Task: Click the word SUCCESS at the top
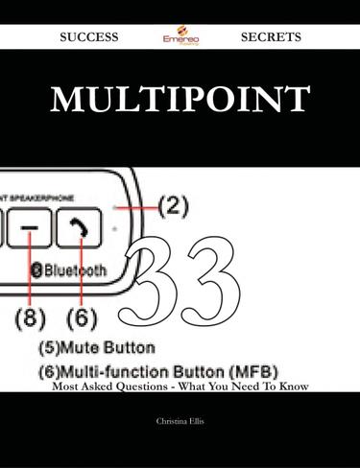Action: point(88,36)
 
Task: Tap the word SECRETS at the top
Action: point(271,36)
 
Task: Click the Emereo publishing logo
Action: point(179,36)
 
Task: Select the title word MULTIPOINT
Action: point(180,99)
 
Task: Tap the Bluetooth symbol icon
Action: point(38,271)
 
